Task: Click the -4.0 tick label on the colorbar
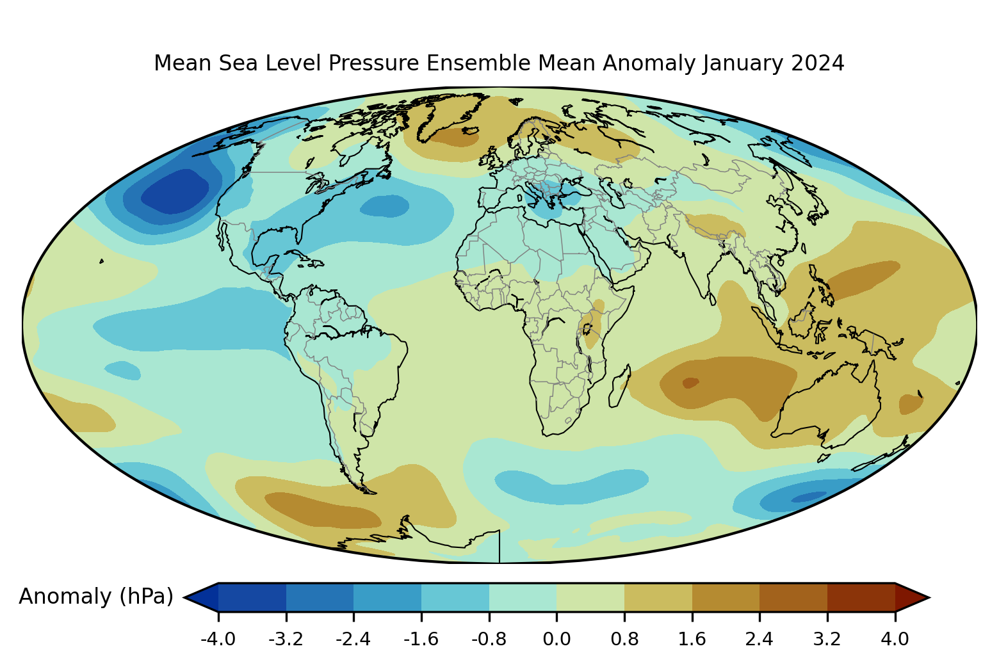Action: (218, 640)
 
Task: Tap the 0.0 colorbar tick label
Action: (556, 640)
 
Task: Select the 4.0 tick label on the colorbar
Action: (895, 640)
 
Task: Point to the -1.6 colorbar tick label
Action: (421, 640)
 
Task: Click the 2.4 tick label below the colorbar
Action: (759, 640)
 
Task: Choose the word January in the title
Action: (743, 63)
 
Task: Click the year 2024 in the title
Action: (818, 63)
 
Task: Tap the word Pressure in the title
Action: (374, 63)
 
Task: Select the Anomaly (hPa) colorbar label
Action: (96, 597)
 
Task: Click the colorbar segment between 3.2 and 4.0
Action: (861, 597)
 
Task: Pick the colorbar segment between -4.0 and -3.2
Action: (252, 597)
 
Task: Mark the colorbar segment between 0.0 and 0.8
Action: (590, 597)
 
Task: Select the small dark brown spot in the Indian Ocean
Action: (690, 383)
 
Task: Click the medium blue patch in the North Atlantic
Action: (384, 206)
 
